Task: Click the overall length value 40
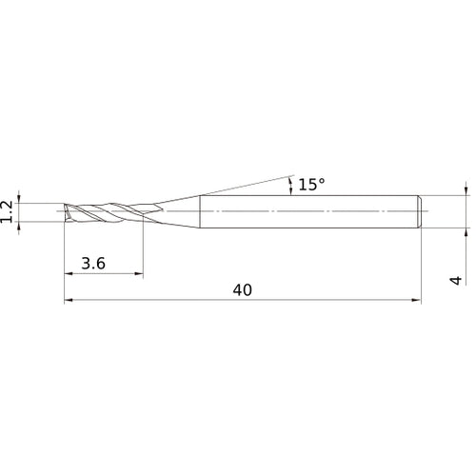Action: (242, 290)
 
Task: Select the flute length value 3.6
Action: (93, 264)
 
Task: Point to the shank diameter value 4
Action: (456, 280)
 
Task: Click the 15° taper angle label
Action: (311, 185)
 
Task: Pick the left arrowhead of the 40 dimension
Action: (69, 301)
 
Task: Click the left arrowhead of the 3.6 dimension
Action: (69, 274)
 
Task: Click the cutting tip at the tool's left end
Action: (66, 211)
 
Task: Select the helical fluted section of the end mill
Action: (105, 211)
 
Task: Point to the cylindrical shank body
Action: (305, 211)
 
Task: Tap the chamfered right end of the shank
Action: (419, 211)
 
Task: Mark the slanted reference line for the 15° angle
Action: (238, 188)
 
